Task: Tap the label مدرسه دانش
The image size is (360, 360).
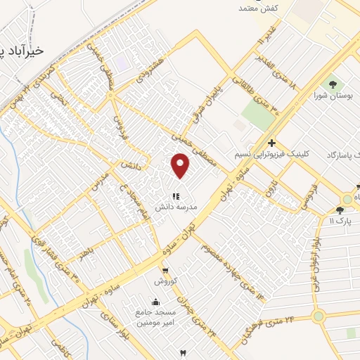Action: coord(175,207)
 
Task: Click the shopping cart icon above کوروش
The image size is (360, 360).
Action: coord(165,270)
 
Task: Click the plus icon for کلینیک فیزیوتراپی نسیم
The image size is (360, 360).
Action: coord(271,143)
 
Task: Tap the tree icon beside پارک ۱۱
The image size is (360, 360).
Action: coord(340,209)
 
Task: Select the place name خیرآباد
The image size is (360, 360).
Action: coord(25,51)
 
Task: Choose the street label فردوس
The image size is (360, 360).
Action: coord(120,128)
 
